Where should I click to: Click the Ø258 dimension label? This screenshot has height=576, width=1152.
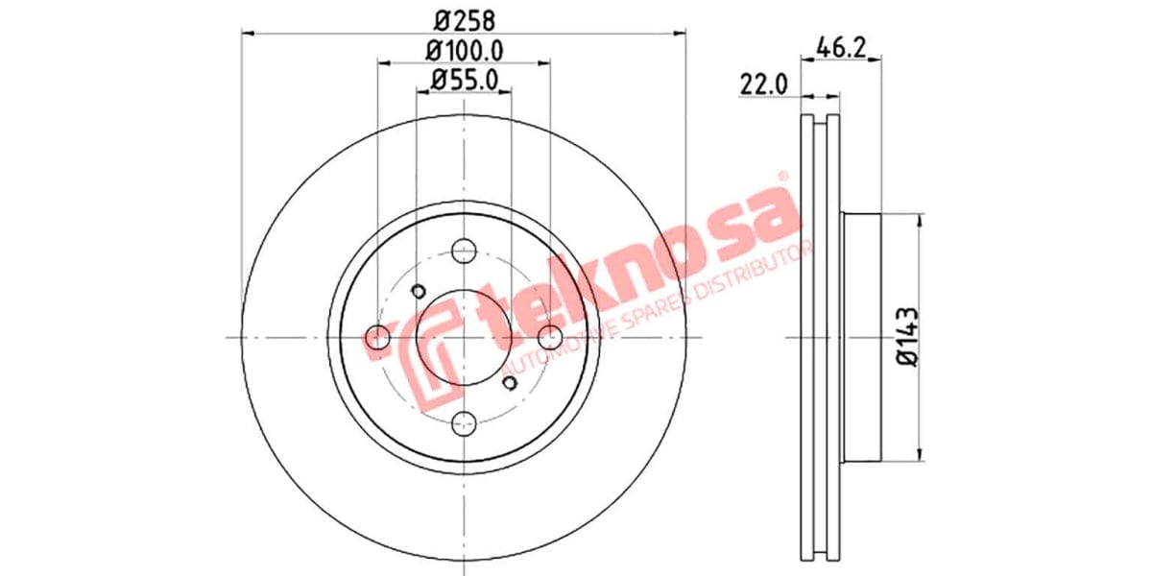pyautogui.click(x=464, y=18)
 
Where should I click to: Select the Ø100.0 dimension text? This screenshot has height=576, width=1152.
pyautogui.click(x=465, y=50)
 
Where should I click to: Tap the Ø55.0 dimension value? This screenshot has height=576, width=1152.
pyautogui.click(x=464, y=81)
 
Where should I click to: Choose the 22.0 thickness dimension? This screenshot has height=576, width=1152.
pyautogui.click(x=763, y=84)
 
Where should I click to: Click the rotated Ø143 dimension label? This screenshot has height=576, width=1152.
pyautogui.click(x=907, y=336)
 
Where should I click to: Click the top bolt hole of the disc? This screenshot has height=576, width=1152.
pyautogui.click(x=464, y=252)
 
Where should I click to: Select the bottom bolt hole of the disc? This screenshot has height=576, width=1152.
pyautogui.click(x=464, y=422)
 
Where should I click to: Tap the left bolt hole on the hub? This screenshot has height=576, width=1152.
pyautogui.click(x=378, y=337)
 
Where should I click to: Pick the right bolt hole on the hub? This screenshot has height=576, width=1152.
pyautogui.click(x=550, y=337)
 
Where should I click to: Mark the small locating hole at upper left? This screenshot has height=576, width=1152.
pyautogui.click(x=418, y=291)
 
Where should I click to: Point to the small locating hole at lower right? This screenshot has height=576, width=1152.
pyautogui.click(x=510, y=383)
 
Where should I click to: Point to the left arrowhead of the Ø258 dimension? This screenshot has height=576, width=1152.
pyautogui.click(x=247, y=34)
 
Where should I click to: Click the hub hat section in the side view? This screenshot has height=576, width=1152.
pyautogui.click(x=860, y=336)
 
